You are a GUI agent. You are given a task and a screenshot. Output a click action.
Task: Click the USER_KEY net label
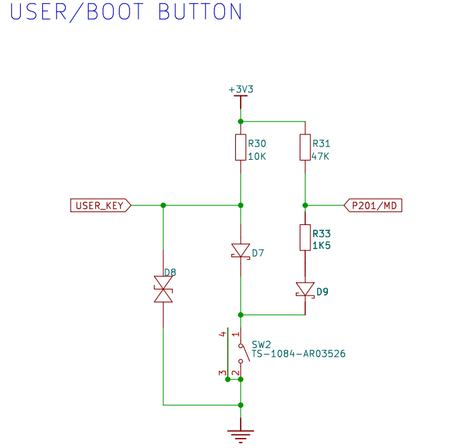tap(100, 206)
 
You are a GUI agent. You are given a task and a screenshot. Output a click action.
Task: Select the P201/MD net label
tap(373, 206)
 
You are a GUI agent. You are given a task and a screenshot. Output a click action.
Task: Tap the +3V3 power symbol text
tap(241, 89)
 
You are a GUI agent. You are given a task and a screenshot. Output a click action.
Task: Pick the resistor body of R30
tap(241, 147)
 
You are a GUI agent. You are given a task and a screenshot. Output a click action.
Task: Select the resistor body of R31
tap(305, 147)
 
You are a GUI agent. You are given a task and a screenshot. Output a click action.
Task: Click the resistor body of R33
tap(305, 237)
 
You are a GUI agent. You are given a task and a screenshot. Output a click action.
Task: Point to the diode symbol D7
tap(241, 251)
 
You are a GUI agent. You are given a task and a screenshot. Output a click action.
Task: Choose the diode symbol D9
tap(305, 289)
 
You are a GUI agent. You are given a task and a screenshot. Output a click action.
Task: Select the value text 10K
tap(257, 156)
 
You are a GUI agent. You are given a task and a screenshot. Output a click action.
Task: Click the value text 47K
tap(321, 156)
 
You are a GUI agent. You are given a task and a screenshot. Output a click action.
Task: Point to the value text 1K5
tap(321, 246)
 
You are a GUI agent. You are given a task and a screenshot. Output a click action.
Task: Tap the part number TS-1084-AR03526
tap(298, 353)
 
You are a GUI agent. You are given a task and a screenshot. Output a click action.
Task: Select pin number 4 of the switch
tap(222, 334)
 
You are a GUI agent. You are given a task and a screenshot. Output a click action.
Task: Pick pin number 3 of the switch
tap(222, 373)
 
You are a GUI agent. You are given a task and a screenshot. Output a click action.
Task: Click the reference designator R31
tap(321, 144)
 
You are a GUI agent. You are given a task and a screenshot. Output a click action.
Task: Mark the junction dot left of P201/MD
tap(305, 205)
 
